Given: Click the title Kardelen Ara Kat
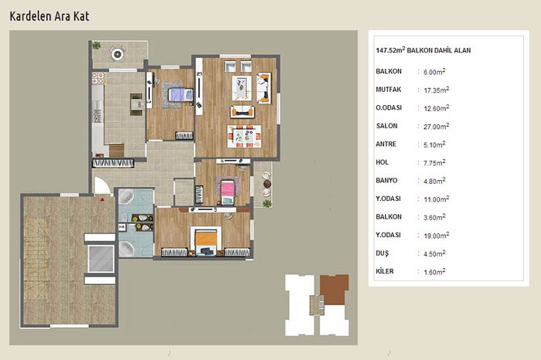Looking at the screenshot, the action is (49, 16).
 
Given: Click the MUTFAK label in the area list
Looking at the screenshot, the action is (389, 90).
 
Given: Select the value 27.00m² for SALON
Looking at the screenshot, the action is (436, 126).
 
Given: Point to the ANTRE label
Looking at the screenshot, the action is (386, 144).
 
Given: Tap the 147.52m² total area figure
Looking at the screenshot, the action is (390, 50).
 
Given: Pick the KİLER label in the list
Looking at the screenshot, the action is (385, 271).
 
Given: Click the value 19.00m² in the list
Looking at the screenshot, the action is (437, 236).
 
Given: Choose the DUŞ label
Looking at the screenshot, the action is (382, 253).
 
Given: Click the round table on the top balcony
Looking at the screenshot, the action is (117, 54).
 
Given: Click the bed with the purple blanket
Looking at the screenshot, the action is (181, 94).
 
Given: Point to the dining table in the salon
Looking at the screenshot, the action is (244, 136).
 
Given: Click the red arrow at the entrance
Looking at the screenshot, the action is (102, 199).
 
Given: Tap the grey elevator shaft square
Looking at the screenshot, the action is (100, 259).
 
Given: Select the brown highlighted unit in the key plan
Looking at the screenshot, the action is (334, 289).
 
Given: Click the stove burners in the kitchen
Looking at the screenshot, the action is (98, 78).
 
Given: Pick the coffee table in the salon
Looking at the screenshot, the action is (241, 88).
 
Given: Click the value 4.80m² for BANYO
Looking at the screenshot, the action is (434, 181).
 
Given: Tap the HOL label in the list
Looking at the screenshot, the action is (382, 162).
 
